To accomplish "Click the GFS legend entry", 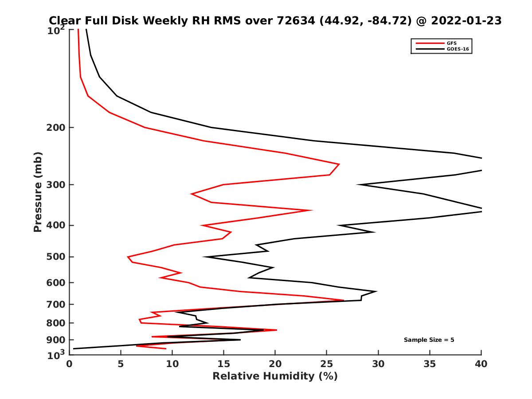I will coord(451,43).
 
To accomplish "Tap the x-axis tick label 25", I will coord(326,364).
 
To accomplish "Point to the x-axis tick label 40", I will coord(481,364).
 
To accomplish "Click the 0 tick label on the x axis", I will coord(69,364).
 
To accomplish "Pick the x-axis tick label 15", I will coord(223,364).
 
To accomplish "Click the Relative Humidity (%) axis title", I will coord(275,376).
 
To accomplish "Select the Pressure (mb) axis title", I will coord(38,192).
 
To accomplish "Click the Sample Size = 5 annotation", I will coord(429,340).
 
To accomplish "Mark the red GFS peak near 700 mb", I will coord(343,300).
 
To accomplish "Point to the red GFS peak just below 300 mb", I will coord(339,164).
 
